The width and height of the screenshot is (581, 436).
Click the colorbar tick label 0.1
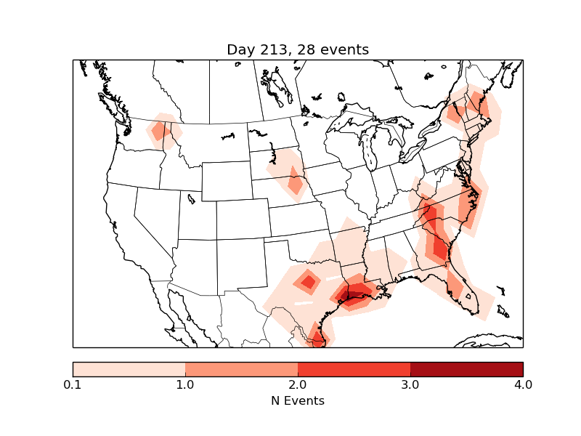tap(73, 384)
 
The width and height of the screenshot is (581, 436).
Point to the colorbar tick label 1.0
tap(185, 384)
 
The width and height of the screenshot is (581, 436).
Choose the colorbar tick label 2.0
tap(298, 384)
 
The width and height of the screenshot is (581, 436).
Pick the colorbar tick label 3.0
tap(410, 384)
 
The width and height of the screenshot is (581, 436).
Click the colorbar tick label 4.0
tap(523, 384)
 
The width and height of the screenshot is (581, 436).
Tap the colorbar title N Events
tap(298, 400)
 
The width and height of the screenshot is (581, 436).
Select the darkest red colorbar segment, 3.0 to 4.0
tap(466, 369)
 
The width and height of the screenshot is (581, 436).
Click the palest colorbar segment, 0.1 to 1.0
tap(129, 369)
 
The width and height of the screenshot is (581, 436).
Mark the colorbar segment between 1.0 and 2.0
tap(242, 369)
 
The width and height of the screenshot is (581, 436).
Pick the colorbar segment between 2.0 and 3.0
tap(354, 369)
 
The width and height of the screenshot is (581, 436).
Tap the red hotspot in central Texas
tap(308, 281)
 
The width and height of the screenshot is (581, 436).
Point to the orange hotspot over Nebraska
tap(295, 184)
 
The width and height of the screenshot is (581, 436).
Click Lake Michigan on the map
tap(369, 153)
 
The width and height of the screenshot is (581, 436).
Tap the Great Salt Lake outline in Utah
tap(191, 198)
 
